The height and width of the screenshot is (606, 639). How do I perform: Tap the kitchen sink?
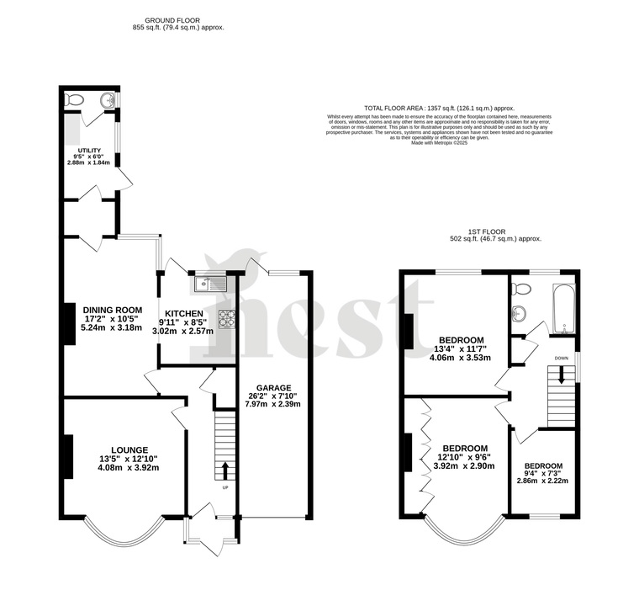coord(209,284)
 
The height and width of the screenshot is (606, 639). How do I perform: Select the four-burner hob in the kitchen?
coord(227,318)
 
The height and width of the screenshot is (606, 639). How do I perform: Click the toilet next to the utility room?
coord(76,101)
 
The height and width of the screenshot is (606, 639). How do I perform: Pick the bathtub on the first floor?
coord(563,307)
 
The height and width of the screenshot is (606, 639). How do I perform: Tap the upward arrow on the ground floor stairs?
coord(224,468)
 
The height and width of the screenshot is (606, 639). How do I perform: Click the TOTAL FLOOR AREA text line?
coord(439,109)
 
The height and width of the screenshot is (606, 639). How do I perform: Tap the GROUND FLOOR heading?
coord(177,19)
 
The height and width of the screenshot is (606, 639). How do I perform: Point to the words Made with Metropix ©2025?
coord(439,143)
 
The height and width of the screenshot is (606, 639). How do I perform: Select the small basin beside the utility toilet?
coord(107,101)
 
